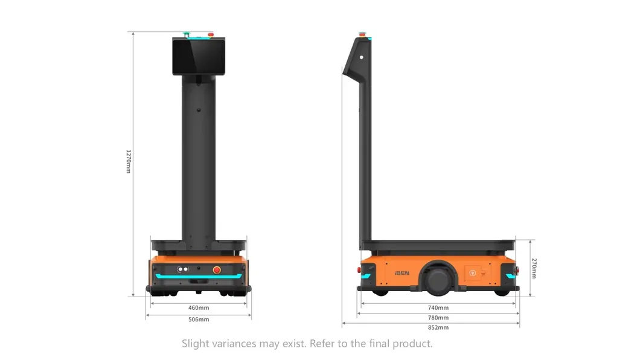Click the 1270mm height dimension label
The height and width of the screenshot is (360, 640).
[128, 161]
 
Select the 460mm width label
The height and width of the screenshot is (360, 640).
[199, 308]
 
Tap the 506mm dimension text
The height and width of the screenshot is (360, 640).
[199, 319]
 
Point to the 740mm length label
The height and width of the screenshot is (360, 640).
[438, 307]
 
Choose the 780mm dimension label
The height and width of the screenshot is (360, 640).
[438, 317]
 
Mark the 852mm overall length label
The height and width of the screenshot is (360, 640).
[438, 327]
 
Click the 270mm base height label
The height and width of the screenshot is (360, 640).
[534, 268]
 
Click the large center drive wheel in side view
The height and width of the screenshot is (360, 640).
[438, 278]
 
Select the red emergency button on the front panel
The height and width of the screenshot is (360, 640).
[217, 269]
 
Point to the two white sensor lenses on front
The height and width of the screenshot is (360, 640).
[183, 269]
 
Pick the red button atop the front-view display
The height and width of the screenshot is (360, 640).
[210, 34]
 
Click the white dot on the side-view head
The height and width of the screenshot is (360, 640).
[362, 57]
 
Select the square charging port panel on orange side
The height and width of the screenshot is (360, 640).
[473, 272]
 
